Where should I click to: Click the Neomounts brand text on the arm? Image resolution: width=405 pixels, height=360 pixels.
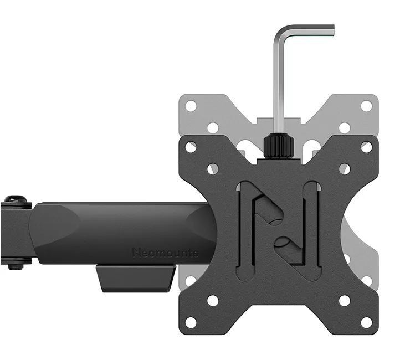click(x=165, y=253)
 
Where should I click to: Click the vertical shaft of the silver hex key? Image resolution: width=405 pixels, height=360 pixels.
click(x=279, y=83)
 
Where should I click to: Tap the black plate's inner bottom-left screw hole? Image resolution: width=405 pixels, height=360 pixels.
click(x=213, y=301)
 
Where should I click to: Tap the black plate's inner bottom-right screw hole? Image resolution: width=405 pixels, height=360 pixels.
click(x=345, y=301)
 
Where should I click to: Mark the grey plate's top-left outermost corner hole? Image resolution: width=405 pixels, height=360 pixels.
click(x=191, y=106)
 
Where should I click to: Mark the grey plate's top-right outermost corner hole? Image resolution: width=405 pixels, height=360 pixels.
click(x=366, y=106)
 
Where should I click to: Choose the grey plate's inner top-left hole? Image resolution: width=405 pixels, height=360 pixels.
click(x=213, y=127)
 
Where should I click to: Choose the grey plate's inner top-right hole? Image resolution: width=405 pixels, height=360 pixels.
click(x=345, y=127)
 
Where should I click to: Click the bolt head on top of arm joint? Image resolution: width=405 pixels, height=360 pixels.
click(x=16, y=199)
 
